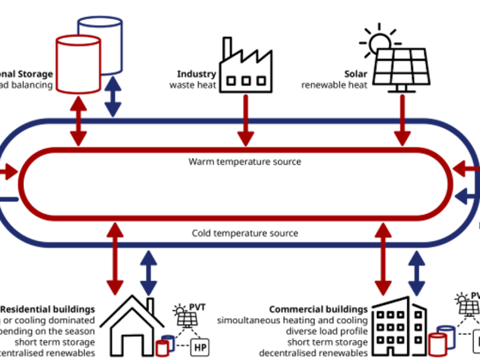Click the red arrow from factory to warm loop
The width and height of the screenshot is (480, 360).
244,120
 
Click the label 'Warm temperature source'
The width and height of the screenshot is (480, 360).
245,162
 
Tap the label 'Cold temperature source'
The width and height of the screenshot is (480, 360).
245,233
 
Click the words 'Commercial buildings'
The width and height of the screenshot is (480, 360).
319,308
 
